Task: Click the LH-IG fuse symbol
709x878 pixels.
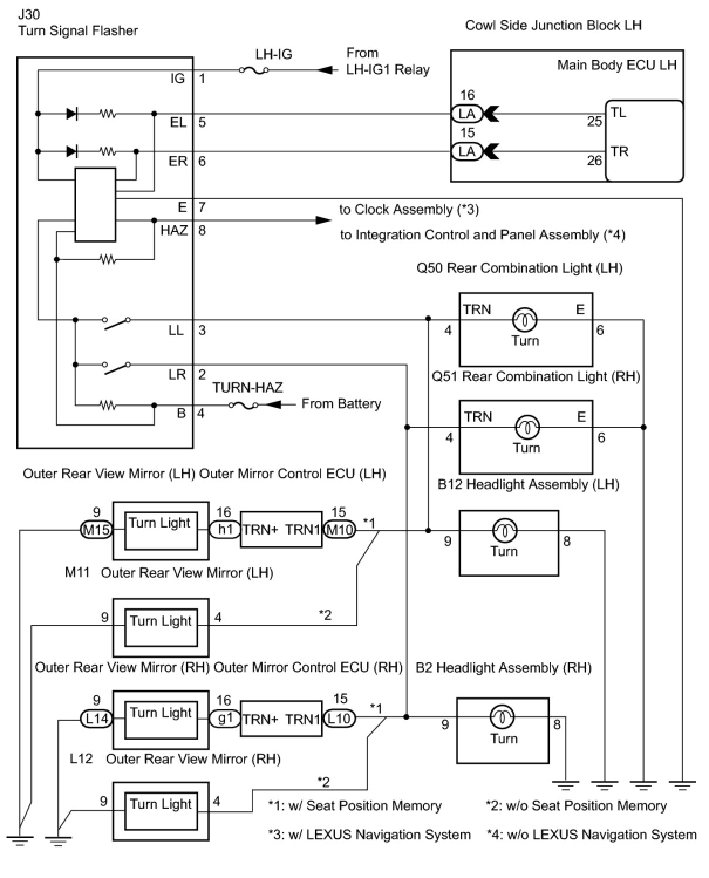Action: [254, 70]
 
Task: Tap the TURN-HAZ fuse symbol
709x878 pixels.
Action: [243, 405]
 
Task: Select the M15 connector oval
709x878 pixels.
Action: [96, 530]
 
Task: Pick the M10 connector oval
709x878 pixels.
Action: [339, 530]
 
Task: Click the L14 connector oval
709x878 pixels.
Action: [96, 718]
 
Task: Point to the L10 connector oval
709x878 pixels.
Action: [339, 718]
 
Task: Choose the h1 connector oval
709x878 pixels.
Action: [225, 530]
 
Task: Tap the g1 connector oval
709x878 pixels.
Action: [225, 718]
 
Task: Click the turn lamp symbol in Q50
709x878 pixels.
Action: [525, 320]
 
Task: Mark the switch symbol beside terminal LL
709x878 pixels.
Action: [117, 322]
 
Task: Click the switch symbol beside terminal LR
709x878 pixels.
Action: [117, 367]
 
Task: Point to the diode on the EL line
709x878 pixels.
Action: [72, 114]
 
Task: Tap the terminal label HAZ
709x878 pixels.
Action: [173, 230]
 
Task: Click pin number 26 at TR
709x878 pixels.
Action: [594, 160]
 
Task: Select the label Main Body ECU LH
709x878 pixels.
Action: [616, 65]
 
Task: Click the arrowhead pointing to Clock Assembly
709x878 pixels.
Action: [323, 220]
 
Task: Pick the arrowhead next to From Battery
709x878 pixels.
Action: [273, 405]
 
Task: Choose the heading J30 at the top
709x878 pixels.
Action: [29, 13]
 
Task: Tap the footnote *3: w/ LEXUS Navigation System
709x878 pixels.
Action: [369, 835]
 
